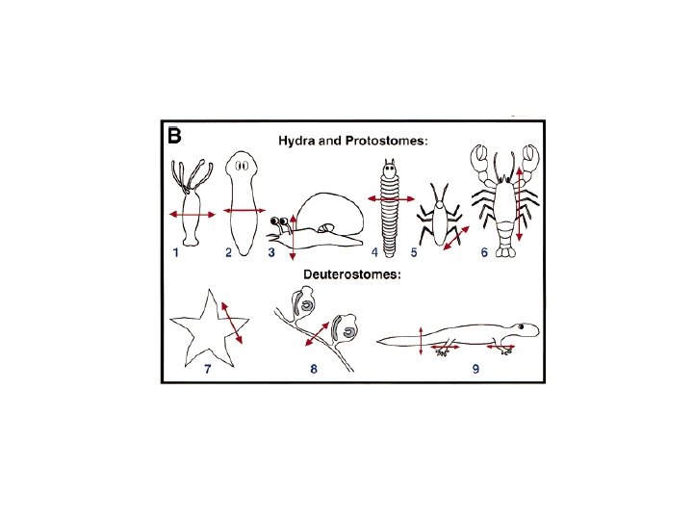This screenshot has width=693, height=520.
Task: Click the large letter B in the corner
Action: [x=174, y=136]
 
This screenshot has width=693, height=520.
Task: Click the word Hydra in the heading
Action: [x=295, y=141]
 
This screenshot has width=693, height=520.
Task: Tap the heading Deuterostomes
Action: [x=352, y=274]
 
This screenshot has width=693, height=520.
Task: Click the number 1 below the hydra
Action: [x=176, y=253]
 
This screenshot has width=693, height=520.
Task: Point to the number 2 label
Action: [x=228, y=253]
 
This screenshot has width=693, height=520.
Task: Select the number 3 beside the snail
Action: [x=271, y=253]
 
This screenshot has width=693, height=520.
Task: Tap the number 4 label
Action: [x=374, y=253]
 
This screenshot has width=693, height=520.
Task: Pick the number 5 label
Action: [x=413, y=253]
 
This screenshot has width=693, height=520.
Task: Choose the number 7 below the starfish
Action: [x=207, y=369]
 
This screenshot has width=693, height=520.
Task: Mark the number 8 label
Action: [x=313, y=369]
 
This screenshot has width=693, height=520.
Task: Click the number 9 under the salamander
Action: [x=475, y=369]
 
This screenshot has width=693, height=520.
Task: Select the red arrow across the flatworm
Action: [x=244, y=210]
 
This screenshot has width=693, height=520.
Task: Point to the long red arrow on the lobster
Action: [x=520, y=203]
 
